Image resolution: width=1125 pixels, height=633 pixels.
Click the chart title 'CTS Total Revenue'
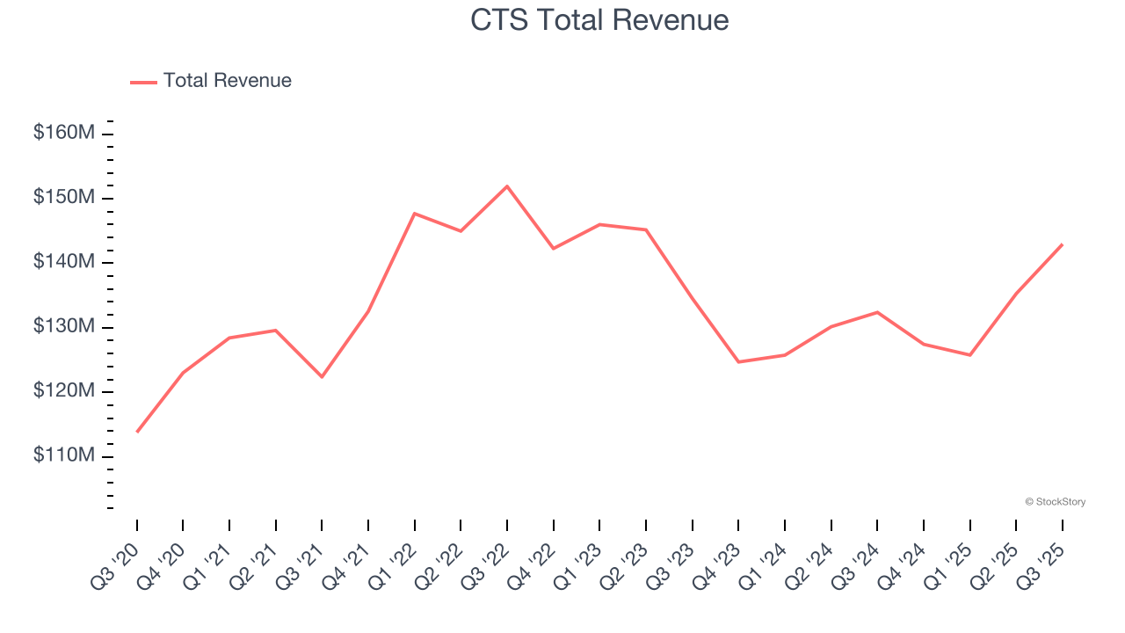pyautogui.click(x=599, y=19)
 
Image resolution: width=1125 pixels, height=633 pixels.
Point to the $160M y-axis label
pyautogui.click(x=64, y=134)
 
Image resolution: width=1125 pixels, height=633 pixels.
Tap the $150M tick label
pyautogui.click(x=64, y=198)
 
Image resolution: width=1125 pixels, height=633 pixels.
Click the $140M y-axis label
pyautogui.click(x=64, y=262)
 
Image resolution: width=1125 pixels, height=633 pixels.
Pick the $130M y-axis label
pyautogui.click(x=64, y=327)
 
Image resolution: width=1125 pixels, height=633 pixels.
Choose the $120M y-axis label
pyautogui.click(x=64, y=391)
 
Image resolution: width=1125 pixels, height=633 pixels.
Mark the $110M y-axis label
pyautogui.click(x=64, y=456)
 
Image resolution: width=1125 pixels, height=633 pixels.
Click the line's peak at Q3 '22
pyautogui.click(x=507, y=186)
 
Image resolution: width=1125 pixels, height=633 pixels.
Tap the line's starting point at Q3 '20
pyautogui.click(x=137, y=432)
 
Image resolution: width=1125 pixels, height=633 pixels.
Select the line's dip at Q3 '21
pyautogui.click(x=322, y=377)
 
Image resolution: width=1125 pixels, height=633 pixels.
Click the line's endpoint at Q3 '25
pyautogui.click(x=1062, y=244)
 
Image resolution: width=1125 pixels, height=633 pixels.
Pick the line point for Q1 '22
pyautogui.click(x=414, y=214)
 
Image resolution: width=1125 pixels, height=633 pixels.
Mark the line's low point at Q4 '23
pyautogui.click(x=738, y=362)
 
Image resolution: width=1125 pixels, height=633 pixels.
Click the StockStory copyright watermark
pyautogui.click(x=1055, y=502)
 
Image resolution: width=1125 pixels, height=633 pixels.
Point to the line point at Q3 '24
pyautogui.click(x=877, y=312)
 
